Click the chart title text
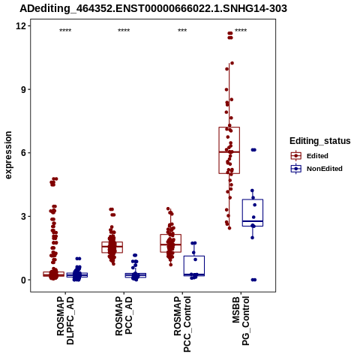click(x=153, y=9)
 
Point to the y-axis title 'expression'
click(x=8, y=155)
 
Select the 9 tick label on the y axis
click(x=23, y=89)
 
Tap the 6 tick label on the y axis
click(x=23, y=153)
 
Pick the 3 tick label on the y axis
click(x=23, y=216)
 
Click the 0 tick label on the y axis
click(x=23, y=280)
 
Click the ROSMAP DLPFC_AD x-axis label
click(x=65, y=320)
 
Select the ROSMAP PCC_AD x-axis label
click(x=124, y=316)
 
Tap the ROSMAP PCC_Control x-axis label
click(x=182, y=324)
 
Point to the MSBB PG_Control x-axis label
click(x=241, y=321)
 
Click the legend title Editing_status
click(x=320, y=141)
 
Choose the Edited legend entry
click(x=309, y=156)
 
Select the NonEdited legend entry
click(x=316, y=169)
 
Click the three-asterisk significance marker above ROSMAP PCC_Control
click(x=182, y=31)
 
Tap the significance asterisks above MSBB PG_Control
click(x=241, y=31)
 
